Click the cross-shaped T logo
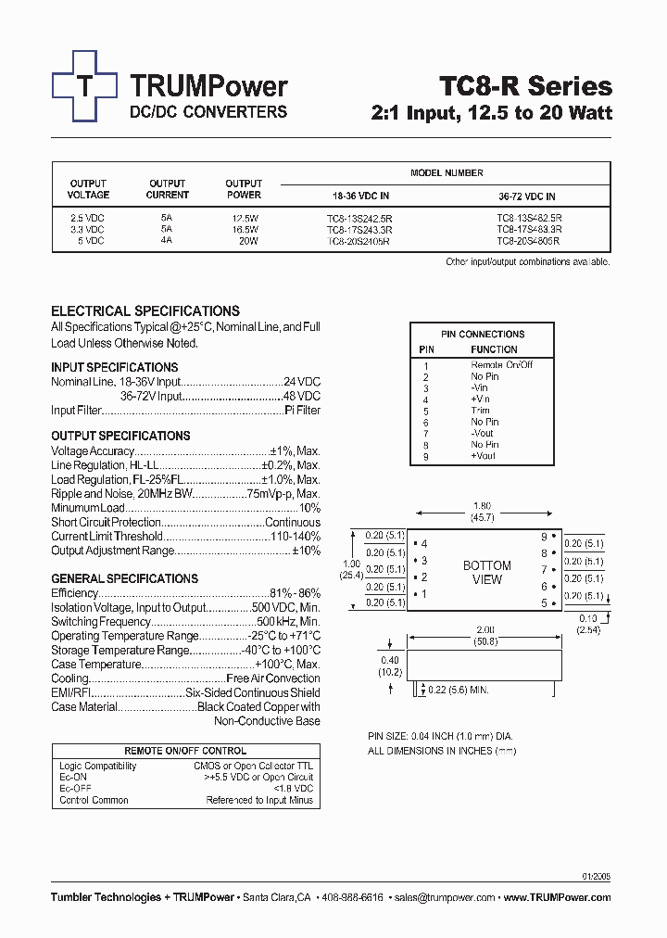[84, 86]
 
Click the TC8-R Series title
[524, 86]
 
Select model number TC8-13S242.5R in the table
[359, 218]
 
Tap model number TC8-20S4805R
[528, 240]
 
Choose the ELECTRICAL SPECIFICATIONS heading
[145, 311]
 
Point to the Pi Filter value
[302, 410]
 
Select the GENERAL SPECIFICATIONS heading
[124, 578]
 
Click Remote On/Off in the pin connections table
[501, 365]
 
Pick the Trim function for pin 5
[481, 411]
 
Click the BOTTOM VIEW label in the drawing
[486, 573]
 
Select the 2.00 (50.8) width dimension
[485, 634]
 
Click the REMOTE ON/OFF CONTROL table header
[185, 751]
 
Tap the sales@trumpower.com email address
[445, 897]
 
